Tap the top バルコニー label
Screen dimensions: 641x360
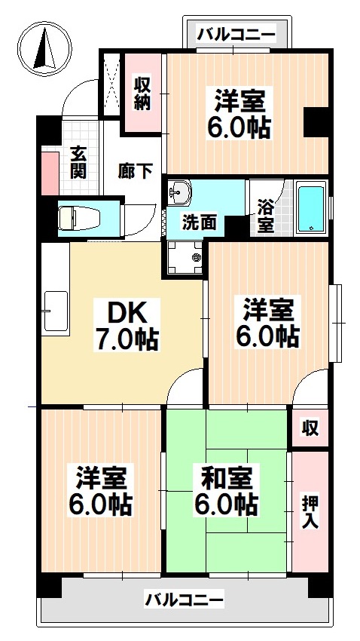point(236,34)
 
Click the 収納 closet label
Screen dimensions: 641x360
point(143,93)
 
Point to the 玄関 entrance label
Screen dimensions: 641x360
point(78,161)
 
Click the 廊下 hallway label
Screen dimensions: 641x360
point(135,170)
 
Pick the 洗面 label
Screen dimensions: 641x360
point(200,222)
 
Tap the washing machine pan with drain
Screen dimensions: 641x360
point(185,258)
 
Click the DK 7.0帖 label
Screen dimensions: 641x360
point(126,327)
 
